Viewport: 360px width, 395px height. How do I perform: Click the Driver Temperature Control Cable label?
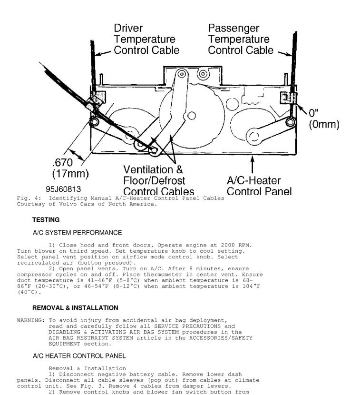[x=146, y=39]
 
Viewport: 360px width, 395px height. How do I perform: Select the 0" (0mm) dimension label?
[x=323, y=119]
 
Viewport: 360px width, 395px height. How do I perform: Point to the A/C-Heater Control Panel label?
[x=260, y=186]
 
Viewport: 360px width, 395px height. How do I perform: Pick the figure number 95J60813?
[x=63, y=189]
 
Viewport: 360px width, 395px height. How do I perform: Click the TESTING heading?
[x=46, y=220]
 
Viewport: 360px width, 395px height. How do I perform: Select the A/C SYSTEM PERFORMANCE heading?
[x=77, y=233]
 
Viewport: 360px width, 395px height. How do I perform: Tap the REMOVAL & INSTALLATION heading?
[x=75, y=308]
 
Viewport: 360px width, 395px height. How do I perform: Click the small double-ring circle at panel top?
[x=203, y=74]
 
